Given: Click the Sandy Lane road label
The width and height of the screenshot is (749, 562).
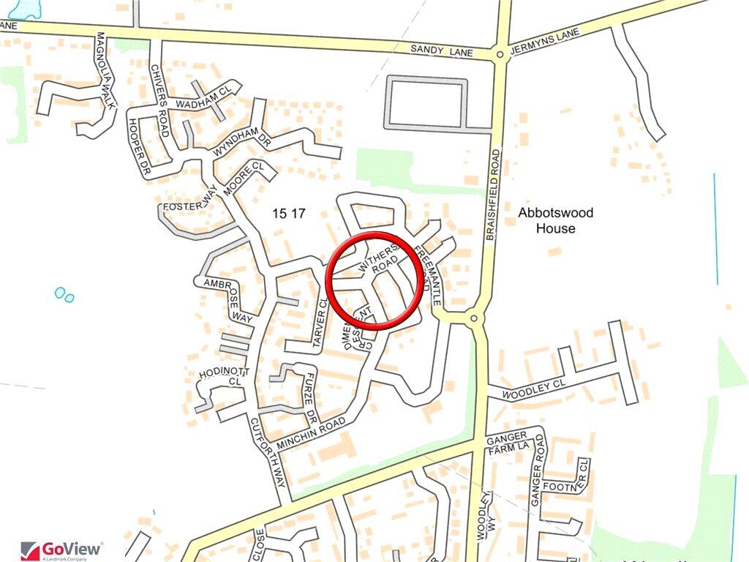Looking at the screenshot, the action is (442, 50).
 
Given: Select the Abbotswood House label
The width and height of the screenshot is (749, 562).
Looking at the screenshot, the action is (555, 220).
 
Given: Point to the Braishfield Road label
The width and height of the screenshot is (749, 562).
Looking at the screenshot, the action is (494, 195).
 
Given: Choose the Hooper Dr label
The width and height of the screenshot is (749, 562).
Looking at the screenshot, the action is (138, 146).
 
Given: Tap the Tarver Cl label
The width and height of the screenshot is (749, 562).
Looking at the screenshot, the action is (320, 323).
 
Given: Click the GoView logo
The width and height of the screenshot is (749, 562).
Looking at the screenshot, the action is (62, 550).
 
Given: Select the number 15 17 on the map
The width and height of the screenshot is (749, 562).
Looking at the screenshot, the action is (287, 214).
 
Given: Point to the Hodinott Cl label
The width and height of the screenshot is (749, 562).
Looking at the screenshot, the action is (225, 377).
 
